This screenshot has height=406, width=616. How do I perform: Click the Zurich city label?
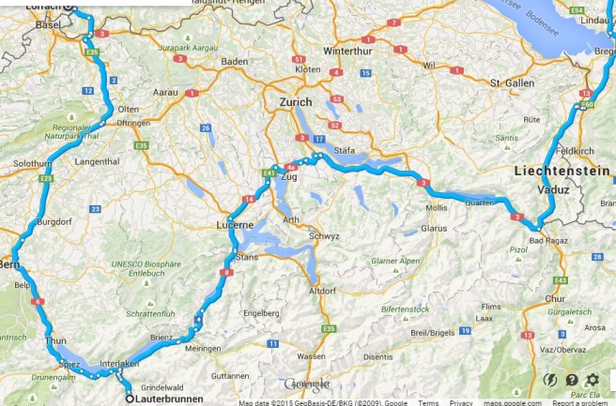[x=294, y=102]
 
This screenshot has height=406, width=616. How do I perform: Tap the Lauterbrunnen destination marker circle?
[x=130, y=399]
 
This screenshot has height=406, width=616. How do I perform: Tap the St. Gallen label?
[x=513, y=83]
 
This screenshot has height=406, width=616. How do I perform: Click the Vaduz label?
[x=553, y=189]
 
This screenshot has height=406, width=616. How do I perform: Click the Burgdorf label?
[x=54, y=222]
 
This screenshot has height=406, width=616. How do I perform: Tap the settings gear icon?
[x=593, y=380]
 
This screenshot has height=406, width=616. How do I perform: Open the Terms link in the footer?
[x=427, y=402]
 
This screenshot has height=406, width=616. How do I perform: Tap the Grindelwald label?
[x=160, y=386]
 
